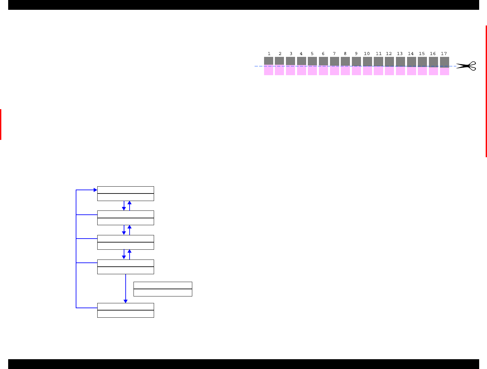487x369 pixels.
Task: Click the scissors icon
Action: click(466, 66)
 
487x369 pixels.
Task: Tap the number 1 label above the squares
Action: click(269, 54)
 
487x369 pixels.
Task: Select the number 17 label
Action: click(444, 54)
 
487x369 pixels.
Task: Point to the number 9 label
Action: click(356, 54)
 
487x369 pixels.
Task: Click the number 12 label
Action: click(389, 54)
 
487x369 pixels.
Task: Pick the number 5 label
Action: click(312, 54)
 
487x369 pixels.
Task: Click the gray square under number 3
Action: click(291, 61)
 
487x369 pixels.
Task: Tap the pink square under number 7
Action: click(334, 71)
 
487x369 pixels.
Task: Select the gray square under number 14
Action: click(411, 61)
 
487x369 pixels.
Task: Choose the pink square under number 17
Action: click(444, 71)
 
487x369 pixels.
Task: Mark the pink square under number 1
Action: click(269, 71)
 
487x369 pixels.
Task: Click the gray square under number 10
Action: click(367, 61)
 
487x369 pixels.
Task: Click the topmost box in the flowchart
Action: click(126, 193)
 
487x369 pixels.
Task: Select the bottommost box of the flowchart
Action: click(126, 310)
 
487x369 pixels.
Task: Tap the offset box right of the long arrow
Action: click(163, 289)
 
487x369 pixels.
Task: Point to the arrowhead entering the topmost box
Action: click(95, 190)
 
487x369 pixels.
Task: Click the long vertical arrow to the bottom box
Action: click(126, 288)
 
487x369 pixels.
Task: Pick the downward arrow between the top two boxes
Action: click(124, 206)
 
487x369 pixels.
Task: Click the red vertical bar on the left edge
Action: click(1, 125)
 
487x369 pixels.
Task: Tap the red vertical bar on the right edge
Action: click(486, 91)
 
